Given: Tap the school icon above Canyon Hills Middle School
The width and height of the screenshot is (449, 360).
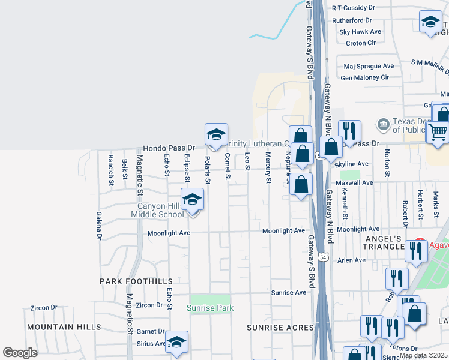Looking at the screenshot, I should tap(193, 200).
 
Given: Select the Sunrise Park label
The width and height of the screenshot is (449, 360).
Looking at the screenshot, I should tap(209, 308).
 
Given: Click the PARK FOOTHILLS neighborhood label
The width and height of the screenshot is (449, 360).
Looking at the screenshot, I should tap(136, 281).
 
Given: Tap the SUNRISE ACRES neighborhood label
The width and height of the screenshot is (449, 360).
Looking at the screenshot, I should tap(280, 328).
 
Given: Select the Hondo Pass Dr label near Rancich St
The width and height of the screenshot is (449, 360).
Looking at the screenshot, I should tap(169, 148).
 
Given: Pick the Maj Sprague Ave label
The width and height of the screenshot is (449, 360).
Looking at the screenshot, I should tap(368, 66).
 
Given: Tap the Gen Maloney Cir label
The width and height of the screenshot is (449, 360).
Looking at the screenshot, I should tap(365, 77).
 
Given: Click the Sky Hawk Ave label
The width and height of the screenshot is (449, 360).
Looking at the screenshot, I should tap(360, 31).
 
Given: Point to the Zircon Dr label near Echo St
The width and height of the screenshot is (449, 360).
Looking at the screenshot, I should tap(150, 305).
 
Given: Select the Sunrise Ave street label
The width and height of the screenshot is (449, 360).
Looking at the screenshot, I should tap(288, 292).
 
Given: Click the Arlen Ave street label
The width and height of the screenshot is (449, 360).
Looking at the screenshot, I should tap(351, 260).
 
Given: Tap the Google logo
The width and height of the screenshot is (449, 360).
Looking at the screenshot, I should tap(20, 353).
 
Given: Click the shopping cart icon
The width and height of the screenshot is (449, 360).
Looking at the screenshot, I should tap(438, 131).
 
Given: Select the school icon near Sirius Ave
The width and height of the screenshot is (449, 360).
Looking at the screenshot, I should tap(176, 343).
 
